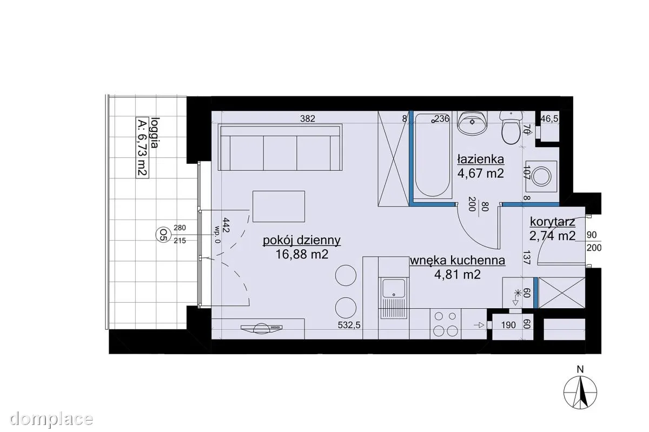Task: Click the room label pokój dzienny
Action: point(302,240)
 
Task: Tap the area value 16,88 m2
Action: point(302,255)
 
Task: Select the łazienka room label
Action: point(481,159)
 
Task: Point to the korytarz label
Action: point(553,222)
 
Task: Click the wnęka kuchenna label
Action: point(458,261)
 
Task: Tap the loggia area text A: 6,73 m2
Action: point(142,147)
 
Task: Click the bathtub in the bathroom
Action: point(432,156)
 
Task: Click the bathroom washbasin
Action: point(472,123)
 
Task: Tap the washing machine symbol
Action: point(541,176)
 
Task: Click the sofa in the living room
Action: point(280,148)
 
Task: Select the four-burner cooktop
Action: point(445,324)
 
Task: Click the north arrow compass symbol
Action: point(580,393)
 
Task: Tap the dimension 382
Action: point(307,118)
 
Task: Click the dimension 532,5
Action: point(349,325)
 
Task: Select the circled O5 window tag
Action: point(163,234)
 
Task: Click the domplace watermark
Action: point(51,419)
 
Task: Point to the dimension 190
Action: point(508,325)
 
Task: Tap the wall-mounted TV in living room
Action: point(261,328)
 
